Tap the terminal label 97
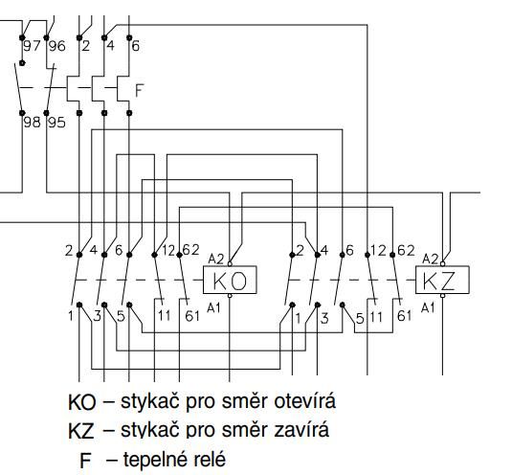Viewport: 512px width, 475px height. pos(32,46)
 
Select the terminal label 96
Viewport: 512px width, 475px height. pos(57,46)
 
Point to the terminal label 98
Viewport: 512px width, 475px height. pos(32,123)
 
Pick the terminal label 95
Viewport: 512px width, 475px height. pos(57,123)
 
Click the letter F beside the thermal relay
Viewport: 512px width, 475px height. pos(140,90)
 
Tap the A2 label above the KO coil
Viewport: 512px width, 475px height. pos(216,260)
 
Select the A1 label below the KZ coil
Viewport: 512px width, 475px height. pos(428,307)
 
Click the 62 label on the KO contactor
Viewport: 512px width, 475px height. pos(190,250)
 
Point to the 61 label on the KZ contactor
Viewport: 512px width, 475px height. pos(404,316)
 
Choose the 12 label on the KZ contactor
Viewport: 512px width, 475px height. pos(378,251)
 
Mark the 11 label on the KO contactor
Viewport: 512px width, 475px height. pos(165,316)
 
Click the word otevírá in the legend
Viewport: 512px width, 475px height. pos(304,400)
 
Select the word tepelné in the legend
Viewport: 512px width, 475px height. pos(155,461)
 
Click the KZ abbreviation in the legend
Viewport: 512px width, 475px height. pos(81,431)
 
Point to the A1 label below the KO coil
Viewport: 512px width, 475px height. pos(213,307)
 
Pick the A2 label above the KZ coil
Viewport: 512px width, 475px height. pos(430,260)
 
